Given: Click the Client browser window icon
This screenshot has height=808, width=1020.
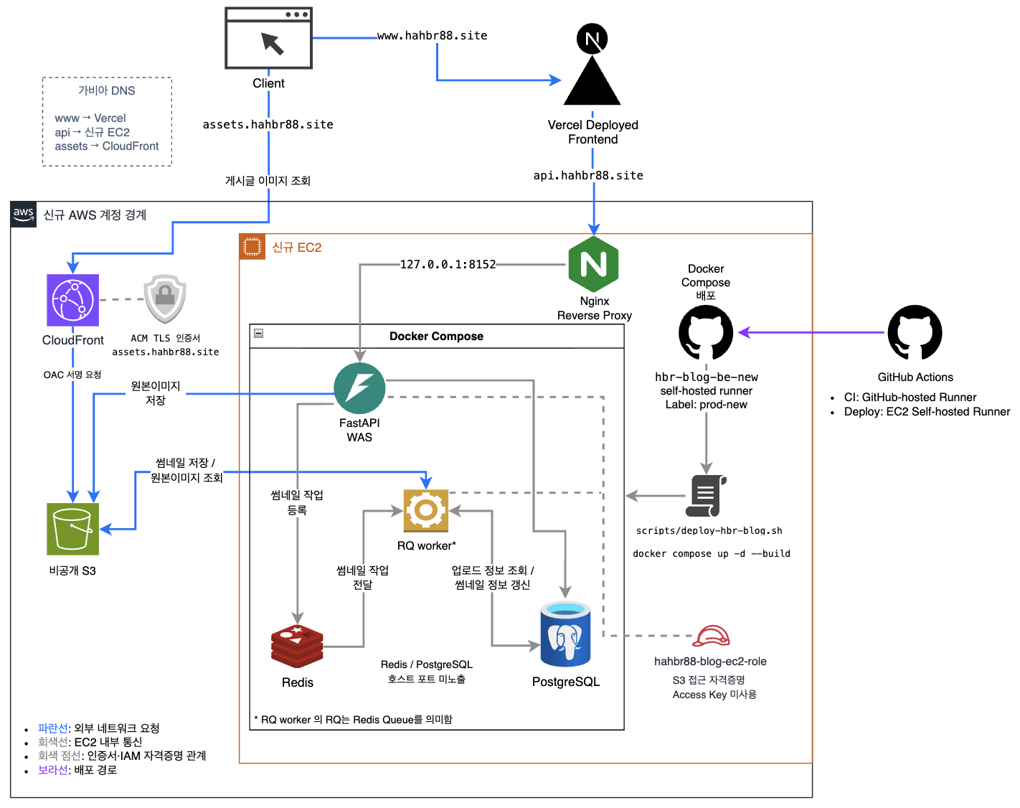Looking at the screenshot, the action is (x=268, y=38).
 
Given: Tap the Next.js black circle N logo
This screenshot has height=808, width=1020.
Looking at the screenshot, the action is (x=592, y=39).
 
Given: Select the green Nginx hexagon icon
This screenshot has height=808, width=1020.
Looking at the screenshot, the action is (x=593, y=263).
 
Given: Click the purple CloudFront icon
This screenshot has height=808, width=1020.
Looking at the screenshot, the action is (x=72, y=300).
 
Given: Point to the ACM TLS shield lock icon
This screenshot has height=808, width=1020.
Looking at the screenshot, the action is (x=164, y=299).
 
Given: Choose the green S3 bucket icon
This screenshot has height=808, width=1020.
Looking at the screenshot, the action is (x=72, y=529).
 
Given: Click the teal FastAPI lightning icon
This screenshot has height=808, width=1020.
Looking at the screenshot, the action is (x=359, y=388).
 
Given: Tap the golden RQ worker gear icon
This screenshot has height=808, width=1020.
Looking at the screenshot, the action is (x=425, y=510).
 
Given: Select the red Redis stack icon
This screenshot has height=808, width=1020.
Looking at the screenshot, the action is (x=297, y=646).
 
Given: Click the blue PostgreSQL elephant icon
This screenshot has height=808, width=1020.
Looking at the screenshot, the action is (x=565, y=634).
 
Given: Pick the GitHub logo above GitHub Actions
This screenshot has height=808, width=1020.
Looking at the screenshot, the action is (x=915, y=332).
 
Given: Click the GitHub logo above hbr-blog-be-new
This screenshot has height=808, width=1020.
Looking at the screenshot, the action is (x=706, y=332).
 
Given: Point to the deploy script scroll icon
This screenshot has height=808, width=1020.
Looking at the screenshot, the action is (x=706, y=496).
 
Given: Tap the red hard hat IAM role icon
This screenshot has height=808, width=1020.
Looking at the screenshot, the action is (x=711, y=636).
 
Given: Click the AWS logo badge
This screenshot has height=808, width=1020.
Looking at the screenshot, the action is (x=23, y=215).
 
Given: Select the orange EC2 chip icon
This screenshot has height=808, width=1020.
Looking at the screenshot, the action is (x=252, y=247).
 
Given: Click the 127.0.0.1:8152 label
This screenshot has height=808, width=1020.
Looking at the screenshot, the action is (x=448, y=264).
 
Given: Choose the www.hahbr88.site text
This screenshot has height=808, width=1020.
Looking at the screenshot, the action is (x=432, y=36).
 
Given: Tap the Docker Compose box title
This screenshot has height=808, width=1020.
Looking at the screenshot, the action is (x=436, y=337).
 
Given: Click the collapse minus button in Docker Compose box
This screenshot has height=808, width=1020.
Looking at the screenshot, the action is (x=258, y=334).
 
